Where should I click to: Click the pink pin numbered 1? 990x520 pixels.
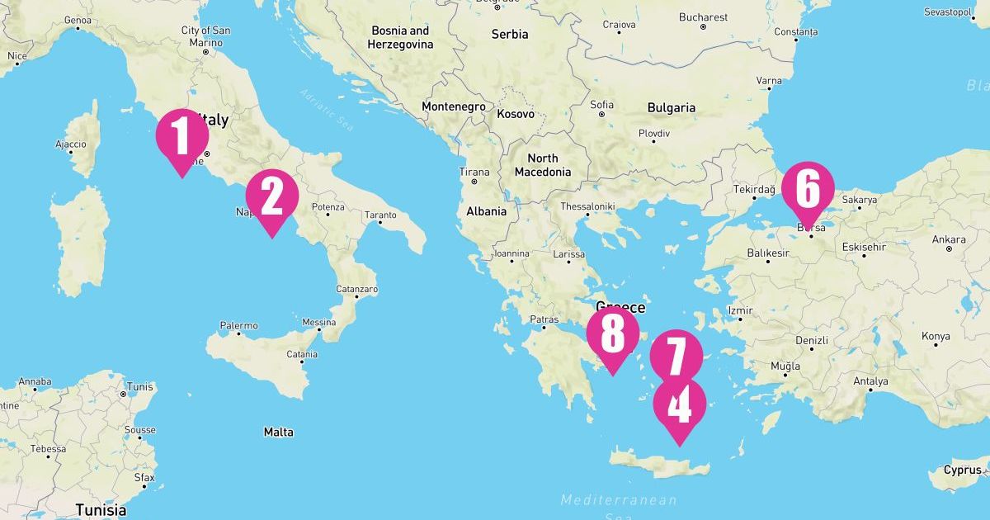click(x=181, y=135)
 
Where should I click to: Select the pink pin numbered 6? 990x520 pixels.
click(x=808, y=188)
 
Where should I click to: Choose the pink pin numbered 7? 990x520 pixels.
click(x=676, y=356)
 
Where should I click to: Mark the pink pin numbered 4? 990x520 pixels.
click(x=680, y=405)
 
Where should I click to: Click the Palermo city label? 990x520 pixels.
click(x=238, y=326)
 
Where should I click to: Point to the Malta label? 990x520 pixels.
click(x=278, y=432)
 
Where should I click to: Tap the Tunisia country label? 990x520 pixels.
click(x=101, y=509)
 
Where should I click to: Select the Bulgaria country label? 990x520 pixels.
click(x=671, y=107)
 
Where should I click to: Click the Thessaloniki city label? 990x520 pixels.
click(x=587, y=206)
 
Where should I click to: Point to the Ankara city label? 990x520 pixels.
click(x=949, y=239)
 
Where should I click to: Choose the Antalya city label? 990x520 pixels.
click(x=870, y=381)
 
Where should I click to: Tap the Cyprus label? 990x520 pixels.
click(x=963, y=470)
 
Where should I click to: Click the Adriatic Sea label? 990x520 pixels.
click(x=327, y=110)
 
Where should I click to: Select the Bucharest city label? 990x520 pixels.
click(x=703, y=17)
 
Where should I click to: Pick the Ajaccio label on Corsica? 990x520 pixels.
click(x=70, y=144)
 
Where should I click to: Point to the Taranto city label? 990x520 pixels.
click(x=380, y=215)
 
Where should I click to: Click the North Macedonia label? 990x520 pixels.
click(x=542, y=165)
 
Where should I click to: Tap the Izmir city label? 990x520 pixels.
click(x=740, y=310)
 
